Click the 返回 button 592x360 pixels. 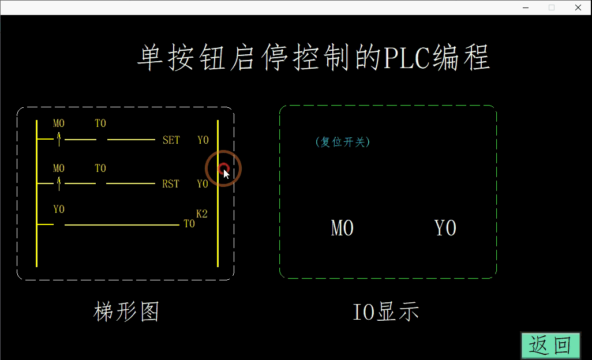[x=550, y=345]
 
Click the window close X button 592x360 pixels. [x=578, y=7]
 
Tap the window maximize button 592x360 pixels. [x=552, y=7]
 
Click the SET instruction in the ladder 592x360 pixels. [x=171, y=140]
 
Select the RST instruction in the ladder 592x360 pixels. [x=171, y=184]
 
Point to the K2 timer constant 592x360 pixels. [x=202, y=213]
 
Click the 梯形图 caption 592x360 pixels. [x=126, y=312]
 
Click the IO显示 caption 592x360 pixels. [x=385, y=312]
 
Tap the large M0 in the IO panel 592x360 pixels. [x=342, y=228]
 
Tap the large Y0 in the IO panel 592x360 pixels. [x=445, y=228]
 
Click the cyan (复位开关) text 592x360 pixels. [x=343, y=142]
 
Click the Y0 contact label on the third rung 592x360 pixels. [x=59, y=209]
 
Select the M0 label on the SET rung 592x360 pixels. [x=59, y=123]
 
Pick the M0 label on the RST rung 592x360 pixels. [x=59, y=168]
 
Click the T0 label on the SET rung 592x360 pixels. [x=100, y=123]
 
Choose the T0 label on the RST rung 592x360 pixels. [x=100, y=168]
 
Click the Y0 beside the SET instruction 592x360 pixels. [x=203, y=140]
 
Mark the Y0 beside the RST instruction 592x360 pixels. [x=202, y=184]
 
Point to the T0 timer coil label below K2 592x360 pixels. [x=189, y=224]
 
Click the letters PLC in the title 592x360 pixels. [x=407, y=58]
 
